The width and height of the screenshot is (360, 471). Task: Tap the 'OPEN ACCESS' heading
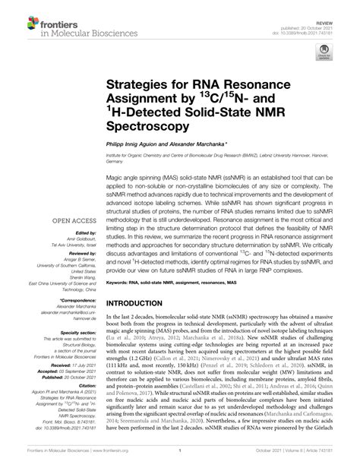coord(71,223)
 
